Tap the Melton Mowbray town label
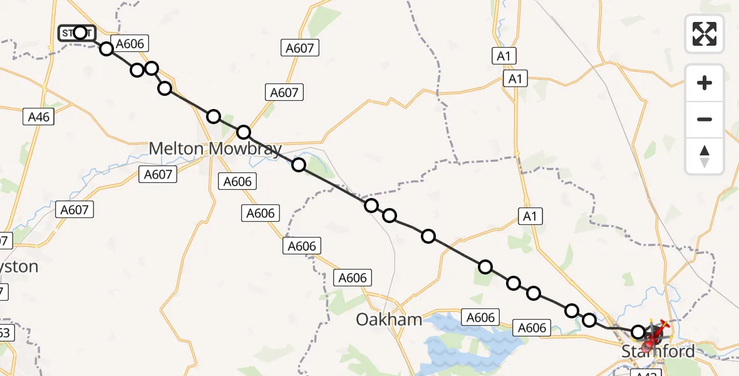(x=215, y=149)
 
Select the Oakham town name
(x=389, y=320)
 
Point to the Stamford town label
(x=658, y=352)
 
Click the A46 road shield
(x=39, y=116)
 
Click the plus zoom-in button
(x=705, y=83)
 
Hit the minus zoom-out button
(x=705, y=119)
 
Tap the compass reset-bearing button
(x=705, y=156)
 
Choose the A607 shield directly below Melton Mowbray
(x=158, y=174)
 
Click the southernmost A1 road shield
(x=530, y=217)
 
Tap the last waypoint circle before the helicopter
(x=638, y=332)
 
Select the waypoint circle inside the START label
(x=80, y=33)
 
